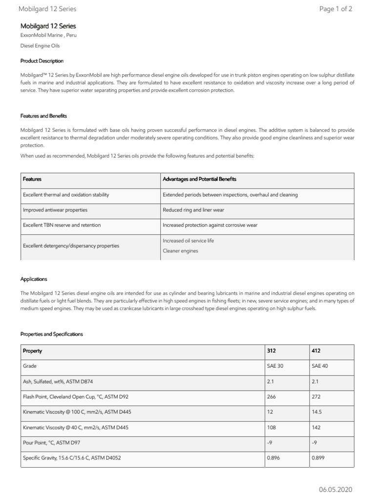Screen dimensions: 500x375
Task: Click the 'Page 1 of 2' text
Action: tap(335, 9)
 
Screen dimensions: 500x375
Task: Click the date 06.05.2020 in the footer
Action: tap(335, 489)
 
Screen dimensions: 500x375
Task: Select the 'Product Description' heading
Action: tap(42, 61)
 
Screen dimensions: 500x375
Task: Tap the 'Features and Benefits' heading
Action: tap(43, 116)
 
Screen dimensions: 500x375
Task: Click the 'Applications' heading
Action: tap(34, 279)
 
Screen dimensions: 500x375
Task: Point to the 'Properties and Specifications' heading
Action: tap(52, 334)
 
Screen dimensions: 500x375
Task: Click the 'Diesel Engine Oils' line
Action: tap(40, 46)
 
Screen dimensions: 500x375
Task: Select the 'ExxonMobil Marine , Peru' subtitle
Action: tap(48, 36)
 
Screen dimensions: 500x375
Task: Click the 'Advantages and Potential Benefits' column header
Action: tap(199, 179)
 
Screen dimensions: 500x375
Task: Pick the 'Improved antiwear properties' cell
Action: tap(55, 210)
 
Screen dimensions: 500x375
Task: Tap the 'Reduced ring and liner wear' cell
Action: tap(193, 210)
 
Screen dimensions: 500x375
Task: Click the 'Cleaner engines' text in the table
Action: tap(180, 250)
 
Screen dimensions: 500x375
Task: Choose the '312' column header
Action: tap(271, 351)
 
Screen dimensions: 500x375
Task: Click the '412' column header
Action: tap(316, 351)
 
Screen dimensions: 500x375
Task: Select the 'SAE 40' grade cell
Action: tap(320, 366)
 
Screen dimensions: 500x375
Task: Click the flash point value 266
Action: tap(271, 396)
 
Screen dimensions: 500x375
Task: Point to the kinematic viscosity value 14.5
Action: tap(317, 412)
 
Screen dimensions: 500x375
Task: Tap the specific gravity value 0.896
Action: tap(273, 458)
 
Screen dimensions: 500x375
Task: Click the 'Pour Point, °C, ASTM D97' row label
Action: tap(52, 442)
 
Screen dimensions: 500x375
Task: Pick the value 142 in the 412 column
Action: tap(316, 427)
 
